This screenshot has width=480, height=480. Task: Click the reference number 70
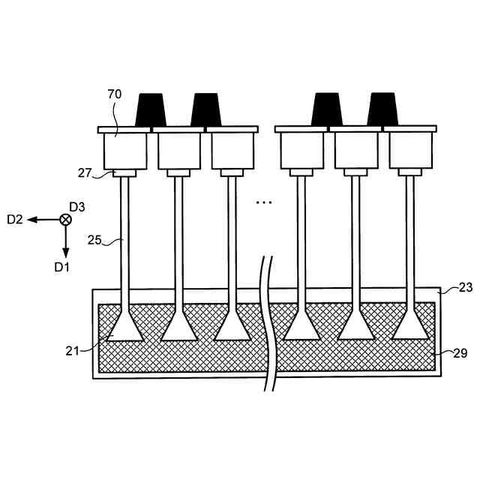click(x=115, y=94)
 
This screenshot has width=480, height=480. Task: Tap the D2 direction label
click(x=16, y=219)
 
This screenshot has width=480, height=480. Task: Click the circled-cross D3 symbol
click(x=65, y=219)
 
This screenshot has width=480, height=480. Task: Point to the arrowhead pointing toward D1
click(x=65, y=252)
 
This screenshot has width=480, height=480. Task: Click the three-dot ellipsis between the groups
click(x=263, y=202)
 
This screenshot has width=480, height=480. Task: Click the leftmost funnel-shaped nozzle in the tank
click(x=125, y=327)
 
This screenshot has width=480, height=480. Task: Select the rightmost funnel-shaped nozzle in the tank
click(x=411, y=327)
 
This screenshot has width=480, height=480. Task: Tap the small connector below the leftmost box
click(x=124, y=173)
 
